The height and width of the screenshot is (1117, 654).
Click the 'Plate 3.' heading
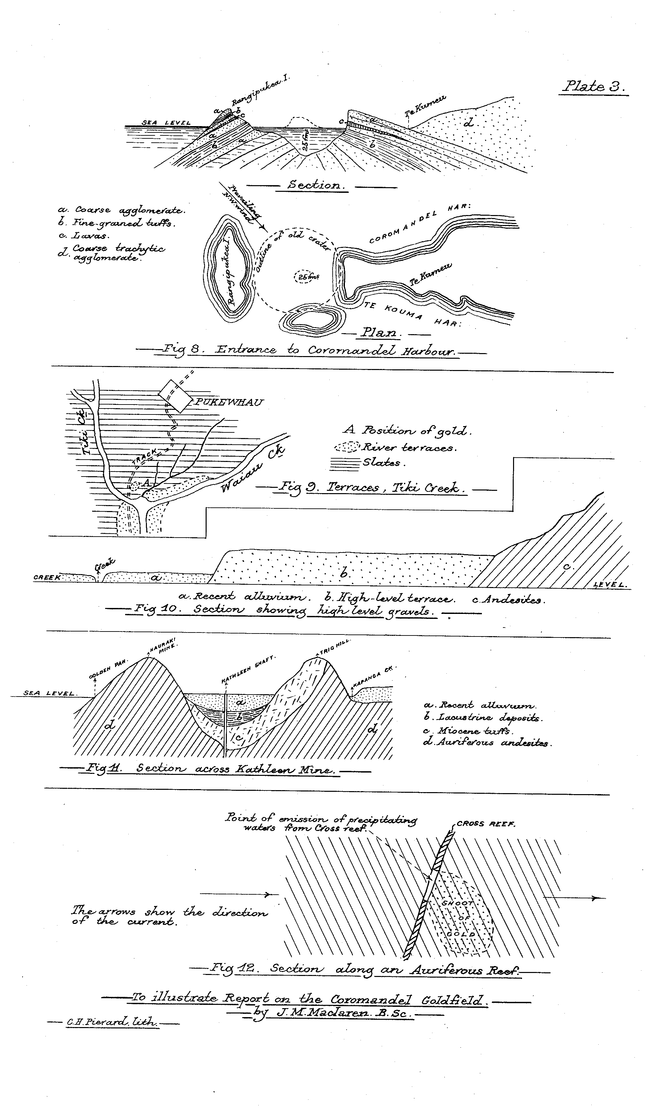(x=594, y=86)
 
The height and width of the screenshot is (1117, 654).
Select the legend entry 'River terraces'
(x=407, y=448)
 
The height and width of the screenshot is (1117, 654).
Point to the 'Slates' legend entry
(x=381, y=463)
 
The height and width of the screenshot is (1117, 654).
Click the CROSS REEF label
(x=485, y=824)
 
